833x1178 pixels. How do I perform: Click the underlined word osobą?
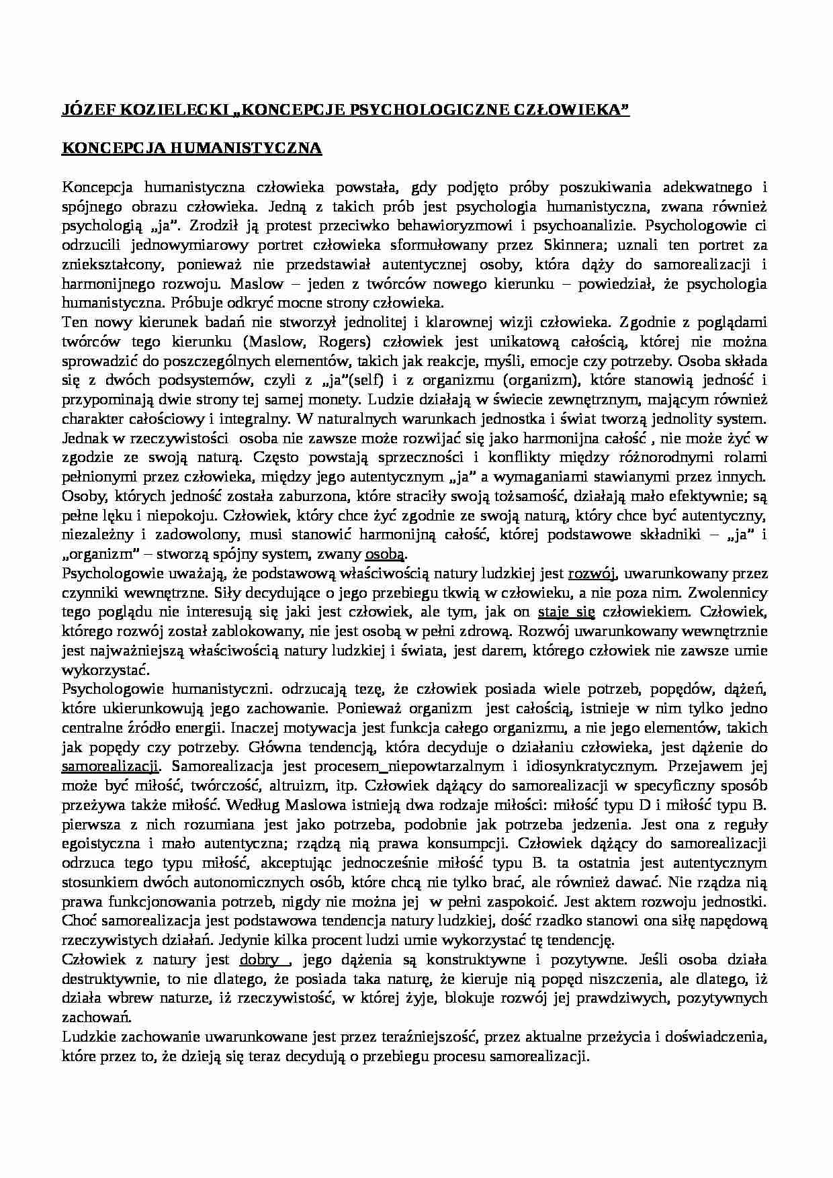(x=385, y=554)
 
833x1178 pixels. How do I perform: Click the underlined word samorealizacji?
(x=110, y=766)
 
